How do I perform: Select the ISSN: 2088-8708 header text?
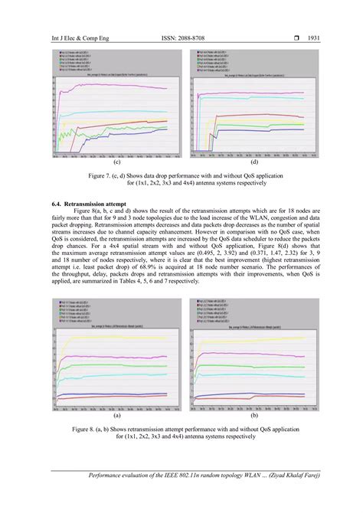point(181,37)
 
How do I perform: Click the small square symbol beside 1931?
point(293,37)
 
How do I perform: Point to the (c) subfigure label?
point(116,164)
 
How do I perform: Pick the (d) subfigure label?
point(253,164)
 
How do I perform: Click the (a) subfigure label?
point(116,417)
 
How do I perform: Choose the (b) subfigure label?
point(253,417)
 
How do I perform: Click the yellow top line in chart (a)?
point(115,338)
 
